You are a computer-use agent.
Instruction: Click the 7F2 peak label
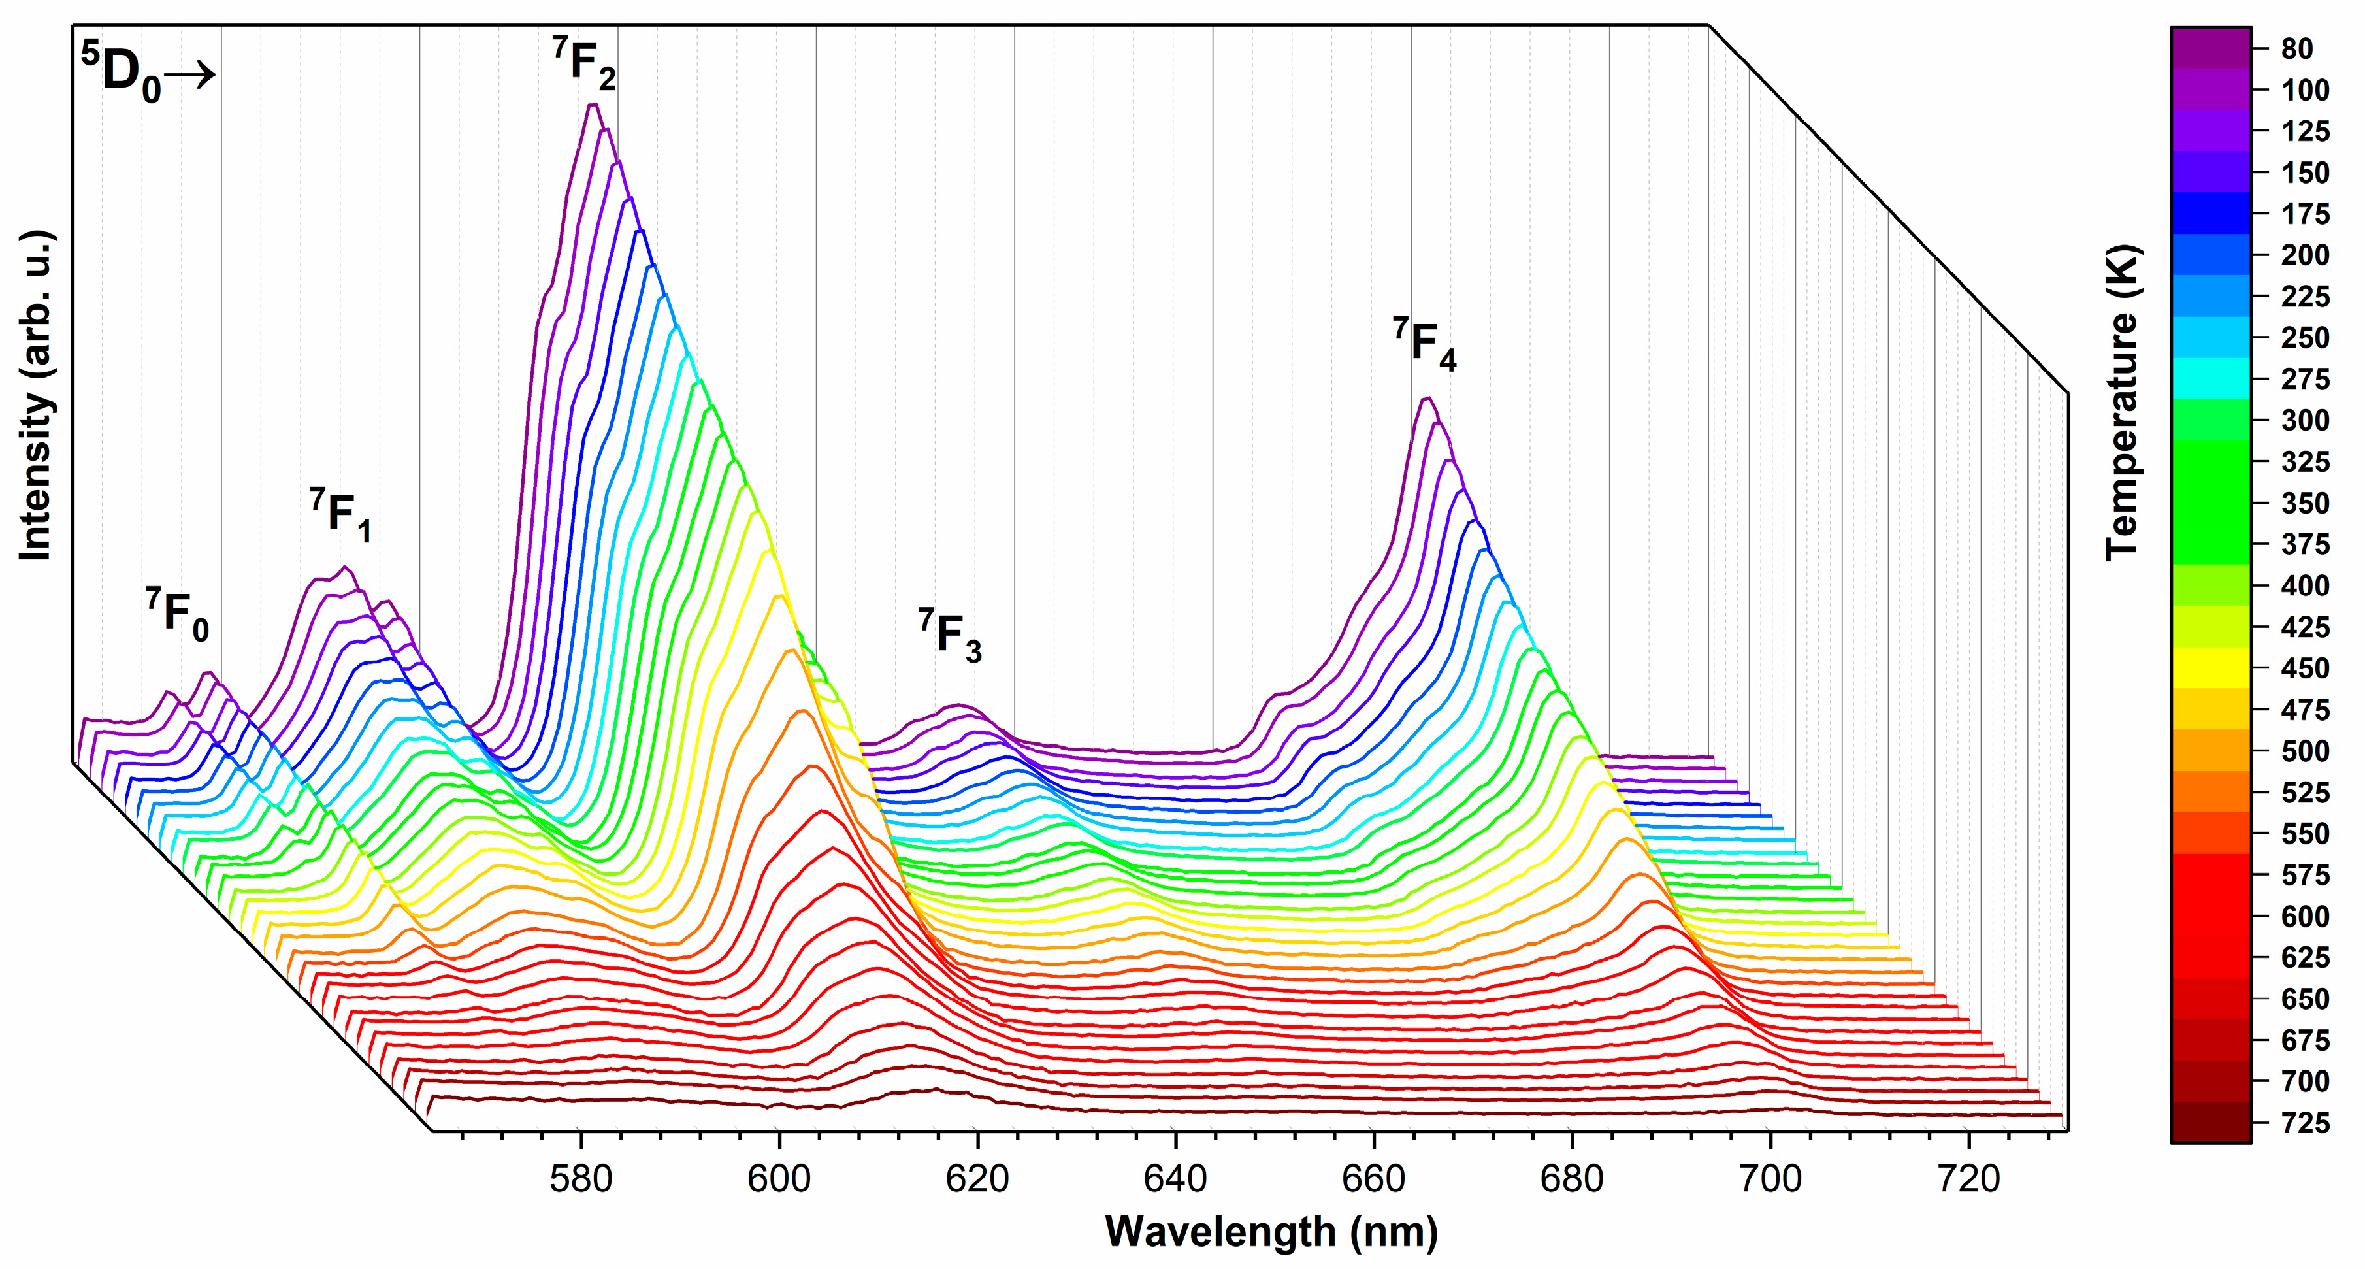point(585,63)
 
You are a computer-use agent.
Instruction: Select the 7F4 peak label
point(1424,344)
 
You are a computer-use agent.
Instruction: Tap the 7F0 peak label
point(177,614)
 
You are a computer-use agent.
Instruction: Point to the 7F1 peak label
point(340,515)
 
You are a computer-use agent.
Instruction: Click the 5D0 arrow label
point(147,73)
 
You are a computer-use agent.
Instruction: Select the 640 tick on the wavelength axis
point(1175,1178)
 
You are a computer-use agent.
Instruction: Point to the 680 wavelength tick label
point(1572,1178)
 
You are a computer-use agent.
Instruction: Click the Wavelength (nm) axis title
point(1271,1230)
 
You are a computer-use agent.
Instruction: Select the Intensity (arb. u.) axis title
point(37,395)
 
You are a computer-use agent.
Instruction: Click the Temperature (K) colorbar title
point(2122,401)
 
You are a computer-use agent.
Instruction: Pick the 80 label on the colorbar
point(2297,48)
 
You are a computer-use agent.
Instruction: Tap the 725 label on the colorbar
point(2304,1122)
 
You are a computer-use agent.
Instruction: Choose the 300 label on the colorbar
point(2304,421)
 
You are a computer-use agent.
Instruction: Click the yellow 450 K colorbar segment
point(2211,668)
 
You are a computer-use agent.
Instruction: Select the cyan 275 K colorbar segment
point(2211,378)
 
